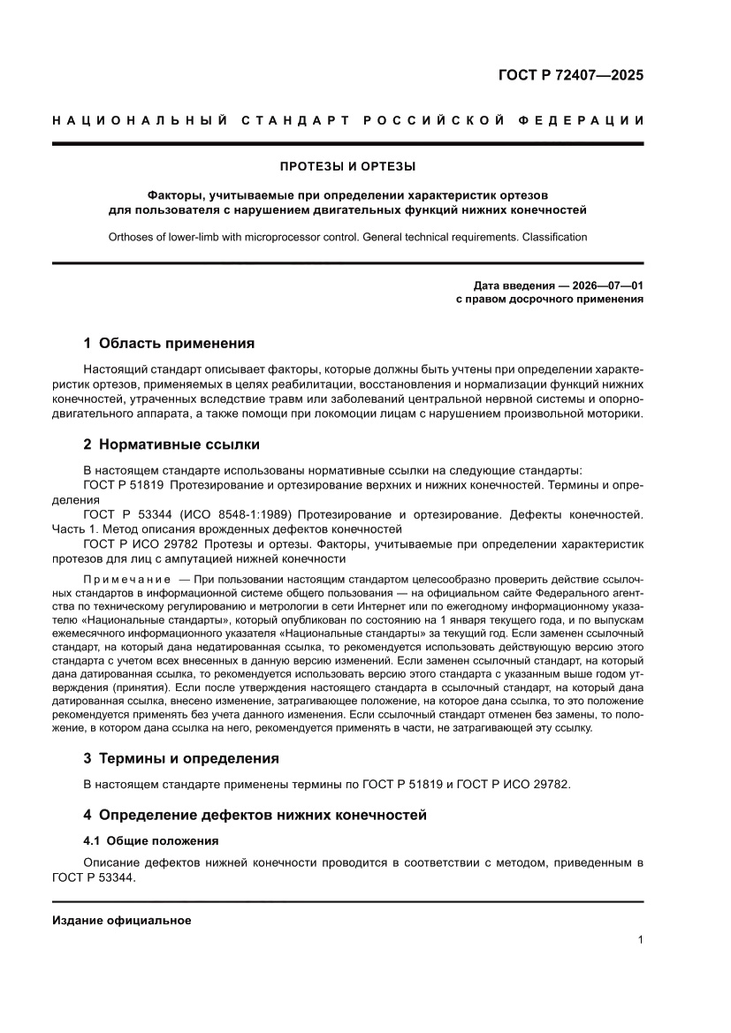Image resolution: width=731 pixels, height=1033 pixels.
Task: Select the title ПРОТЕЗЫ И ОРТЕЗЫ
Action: pos(347,165)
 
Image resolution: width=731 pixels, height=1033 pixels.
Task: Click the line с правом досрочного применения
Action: pos(549,299)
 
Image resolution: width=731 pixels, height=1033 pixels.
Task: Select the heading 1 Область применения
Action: pos(168,343)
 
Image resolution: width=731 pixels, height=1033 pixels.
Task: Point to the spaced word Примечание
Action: pos(127,579)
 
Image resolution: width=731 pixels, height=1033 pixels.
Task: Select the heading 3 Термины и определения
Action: pos(180,757)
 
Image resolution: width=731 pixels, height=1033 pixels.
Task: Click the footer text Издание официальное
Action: pos(122,920)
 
